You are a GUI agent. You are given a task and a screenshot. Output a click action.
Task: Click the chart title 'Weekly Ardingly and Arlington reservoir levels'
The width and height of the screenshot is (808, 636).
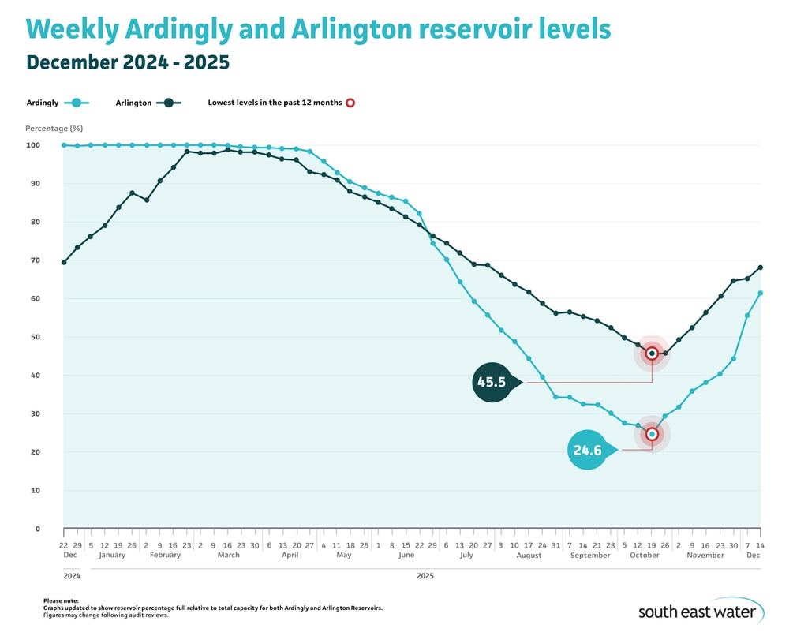(318, 30)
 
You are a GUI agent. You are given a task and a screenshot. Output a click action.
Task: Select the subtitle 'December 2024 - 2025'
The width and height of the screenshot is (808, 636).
(127, 62)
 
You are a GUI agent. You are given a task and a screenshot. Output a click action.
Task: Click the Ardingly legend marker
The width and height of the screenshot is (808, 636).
(76, 103)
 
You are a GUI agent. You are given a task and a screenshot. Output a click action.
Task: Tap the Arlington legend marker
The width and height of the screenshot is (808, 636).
(168, 103)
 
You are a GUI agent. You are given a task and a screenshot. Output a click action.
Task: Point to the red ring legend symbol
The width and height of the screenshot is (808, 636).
(350, 103)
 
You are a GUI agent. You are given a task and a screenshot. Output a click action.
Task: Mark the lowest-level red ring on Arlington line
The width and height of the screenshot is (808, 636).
(652, 354)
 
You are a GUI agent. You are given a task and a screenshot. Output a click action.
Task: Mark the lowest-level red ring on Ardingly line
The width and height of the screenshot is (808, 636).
(652, 434)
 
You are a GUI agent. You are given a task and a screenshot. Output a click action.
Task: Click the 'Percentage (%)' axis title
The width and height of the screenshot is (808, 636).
(54, 128)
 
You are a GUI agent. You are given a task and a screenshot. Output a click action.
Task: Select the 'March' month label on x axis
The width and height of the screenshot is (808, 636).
(228, 556)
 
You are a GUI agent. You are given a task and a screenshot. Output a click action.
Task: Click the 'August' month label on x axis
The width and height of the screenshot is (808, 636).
(529, 556)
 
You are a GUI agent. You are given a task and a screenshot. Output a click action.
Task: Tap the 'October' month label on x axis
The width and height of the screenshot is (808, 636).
(644, 556)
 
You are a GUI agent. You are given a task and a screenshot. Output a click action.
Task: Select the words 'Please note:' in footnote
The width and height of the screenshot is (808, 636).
(61, 600)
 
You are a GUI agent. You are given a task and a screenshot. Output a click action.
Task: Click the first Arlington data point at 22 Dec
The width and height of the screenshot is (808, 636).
(64, 262)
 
